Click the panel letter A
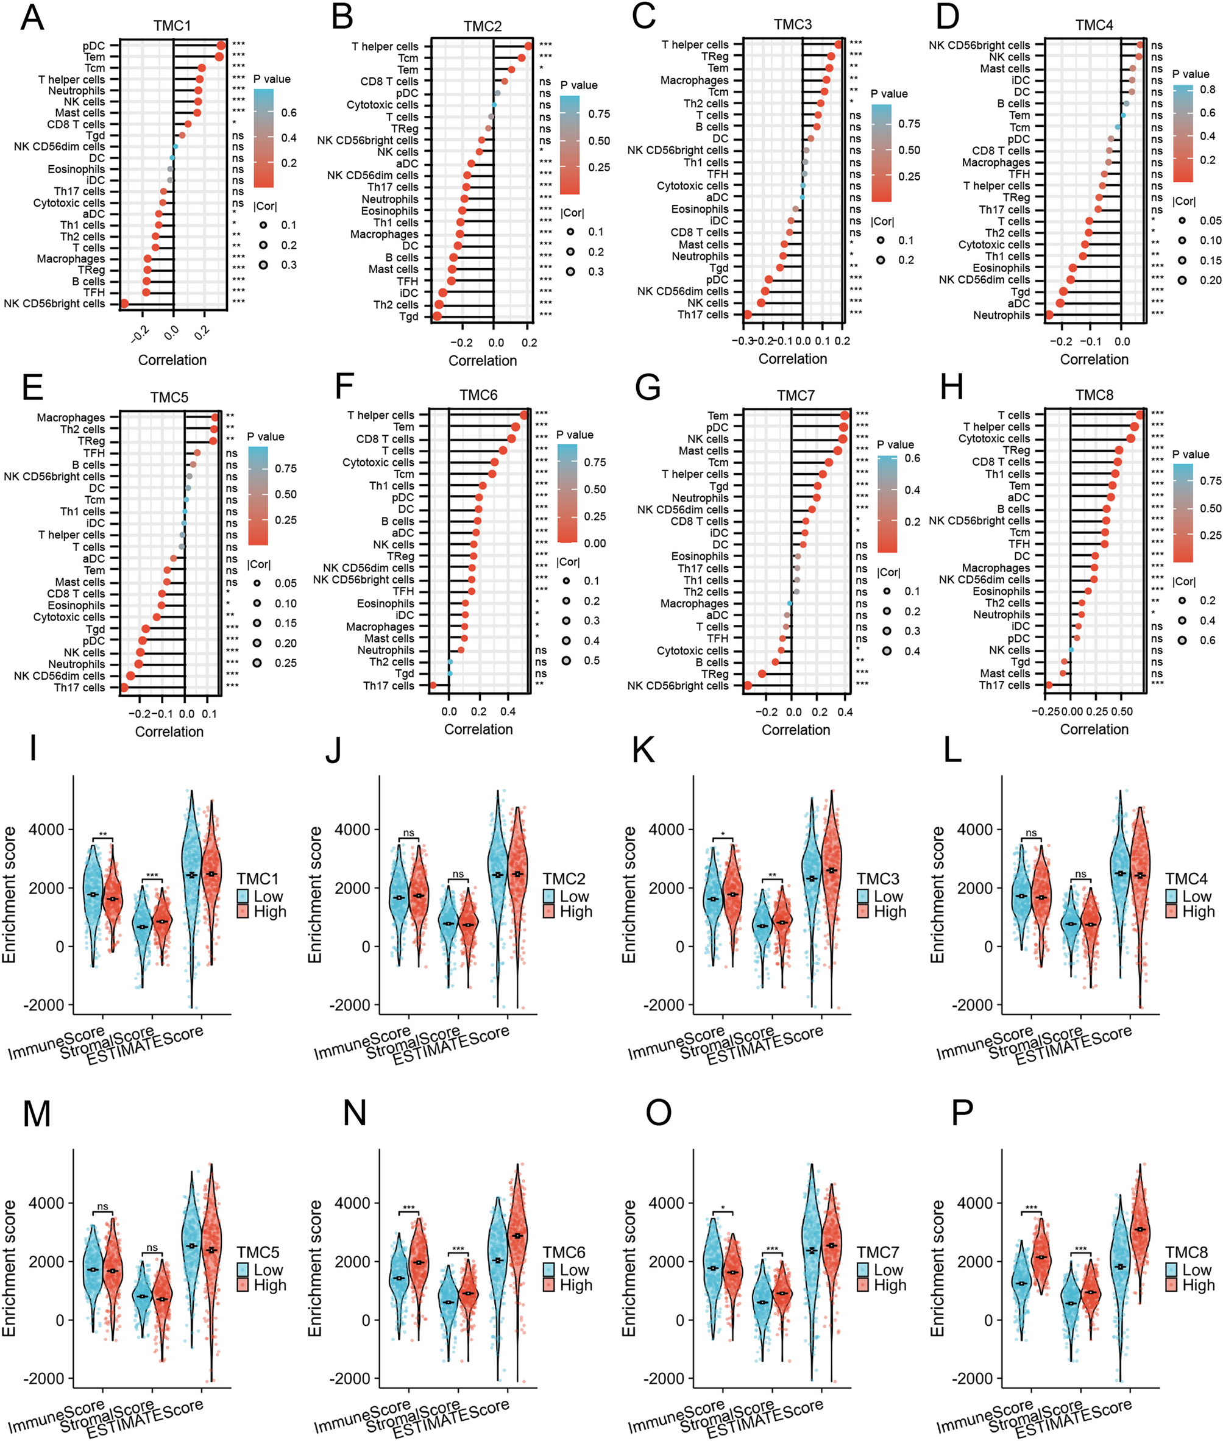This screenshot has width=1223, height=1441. [32, 19]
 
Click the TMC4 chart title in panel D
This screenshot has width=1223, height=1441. [1093, 26]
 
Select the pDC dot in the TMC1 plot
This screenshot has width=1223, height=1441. [221, 46]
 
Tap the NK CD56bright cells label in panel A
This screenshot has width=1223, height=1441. [54, 304]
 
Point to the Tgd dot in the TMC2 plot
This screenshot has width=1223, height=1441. [437, 316]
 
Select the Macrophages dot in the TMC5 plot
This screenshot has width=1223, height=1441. [214, 418]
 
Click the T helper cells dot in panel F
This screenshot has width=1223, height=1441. [523, 415]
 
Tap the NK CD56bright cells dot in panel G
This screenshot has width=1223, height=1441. [748, 685]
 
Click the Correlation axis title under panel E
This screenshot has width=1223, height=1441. [169, 731]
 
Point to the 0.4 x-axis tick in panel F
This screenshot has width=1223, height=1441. [508, 711]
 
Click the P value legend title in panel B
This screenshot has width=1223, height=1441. [578, 85]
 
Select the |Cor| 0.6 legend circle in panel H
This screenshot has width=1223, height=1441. [1182, 640]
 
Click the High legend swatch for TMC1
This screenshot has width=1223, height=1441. [243, 911]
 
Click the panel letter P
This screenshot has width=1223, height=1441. [963, 1114]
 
